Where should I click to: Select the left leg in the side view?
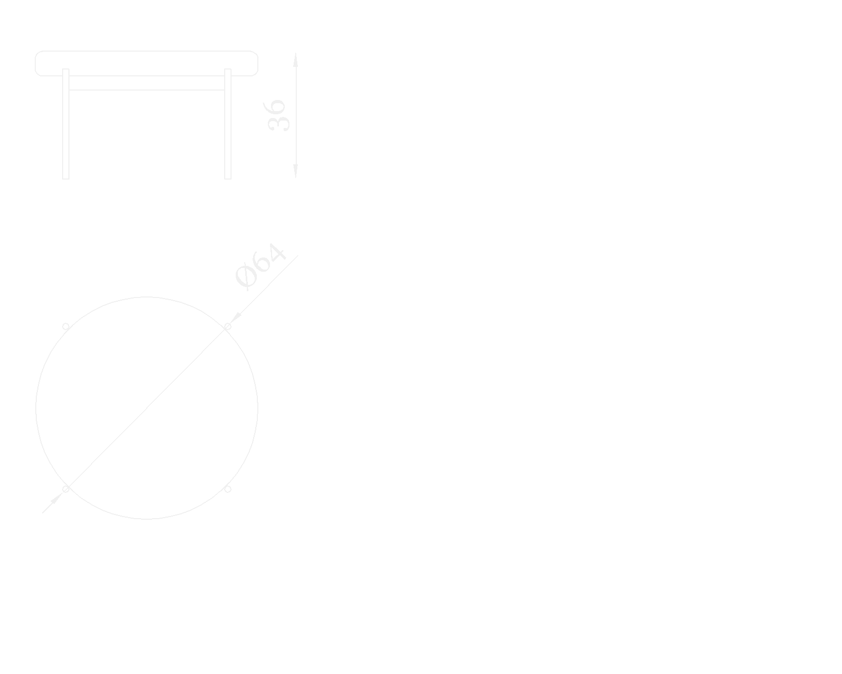tap(66, 126)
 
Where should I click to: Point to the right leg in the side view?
tap(228, 126)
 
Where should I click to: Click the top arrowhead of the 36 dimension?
tap(296, 60)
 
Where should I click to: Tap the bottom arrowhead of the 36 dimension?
tap(296, 171)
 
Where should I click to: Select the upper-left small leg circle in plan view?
tap(66, 326)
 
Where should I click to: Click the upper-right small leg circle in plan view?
tap(228, 326)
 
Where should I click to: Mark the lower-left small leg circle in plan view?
tap(66, 489)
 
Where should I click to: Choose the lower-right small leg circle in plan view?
tap(228, 489)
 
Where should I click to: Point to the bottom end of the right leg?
tap(228, 177)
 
